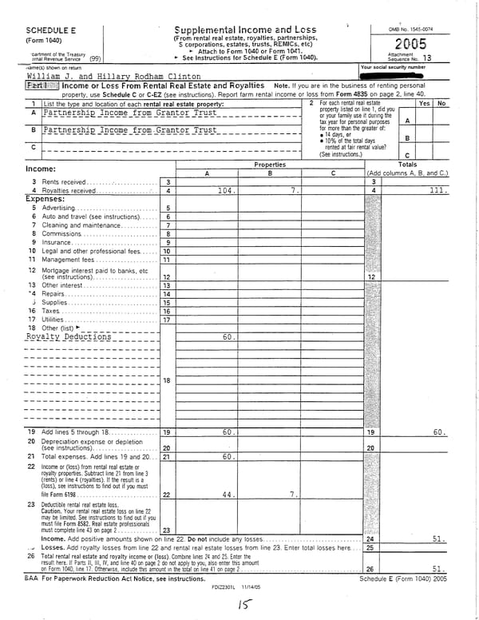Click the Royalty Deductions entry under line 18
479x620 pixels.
pos(69,337)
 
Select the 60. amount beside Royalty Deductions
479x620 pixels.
pos(228,337)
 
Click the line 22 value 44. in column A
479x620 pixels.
pos(228,495)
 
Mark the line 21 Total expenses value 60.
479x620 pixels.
pos(227,457)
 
